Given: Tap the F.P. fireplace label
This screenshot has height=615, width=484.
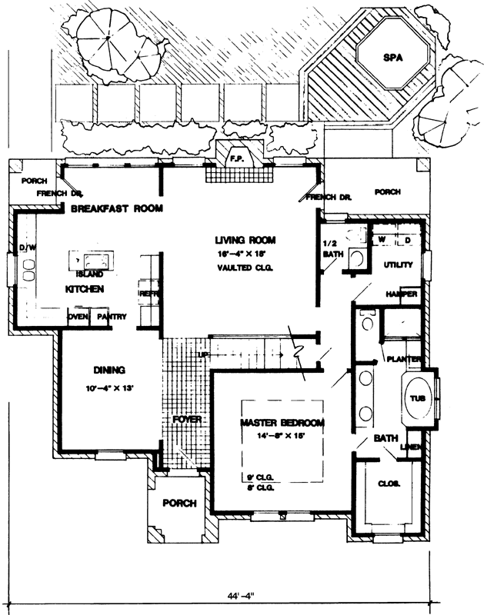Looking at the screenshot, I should tap(235, 158).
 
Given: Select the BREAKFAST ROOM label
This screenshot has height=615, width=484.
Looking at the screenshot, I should tap(117, 208).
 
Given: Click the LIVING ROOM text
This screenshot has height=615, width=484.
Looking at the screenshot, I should tap(245, 241).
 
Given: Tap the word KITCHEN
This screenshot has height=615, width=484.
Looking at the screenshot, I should tap(85, 289).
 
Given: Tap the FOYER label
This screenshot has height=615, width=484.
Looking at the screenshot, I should tap(187, 420).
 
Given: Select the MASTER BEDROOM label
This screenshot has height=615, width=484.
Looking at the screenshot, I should tap(282, 424).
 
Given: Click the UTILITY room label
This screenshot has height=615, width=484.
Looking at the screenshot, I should tap(399, 265).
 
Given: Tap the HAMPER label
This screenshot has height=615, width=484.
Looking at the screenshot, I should tap(402, 294).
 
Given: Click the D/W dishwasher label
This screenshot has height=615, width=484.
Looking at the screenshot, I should tap(28, 248).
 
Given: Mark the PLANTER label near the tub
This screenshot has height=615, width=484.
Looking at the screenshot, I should tap(403, 360).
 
